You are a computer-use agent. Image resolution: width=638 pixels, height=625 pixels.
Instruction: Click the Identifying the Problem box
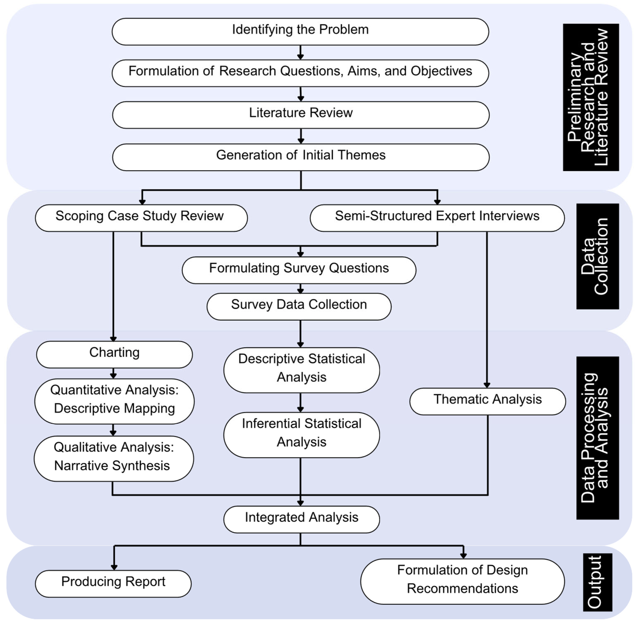[x=300, y=32]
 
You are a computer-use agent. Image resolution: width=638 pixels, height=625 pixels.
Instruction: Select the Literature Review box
[x=300, y=115]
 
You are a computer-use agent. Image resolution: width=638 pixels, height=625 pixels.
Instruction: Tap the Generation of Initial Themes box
[x=300, y=157]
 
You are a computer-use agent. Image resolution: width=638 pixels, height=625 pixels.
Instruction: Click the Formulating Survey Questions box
[x=299, y=270]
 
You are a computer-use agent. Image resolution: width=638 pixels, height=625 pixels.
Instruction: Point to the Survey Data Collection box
[x=299, y=306]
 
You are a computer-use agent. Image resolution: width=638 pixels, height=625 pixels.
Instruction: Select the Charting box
[x=114, y=354]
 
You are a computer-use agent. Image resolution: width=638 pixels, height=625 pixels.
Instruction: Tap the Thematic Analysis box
[x=488, y=401]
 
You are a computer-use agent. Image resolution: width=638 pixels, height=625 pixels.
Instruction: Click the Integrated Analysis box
[x=301, y=519]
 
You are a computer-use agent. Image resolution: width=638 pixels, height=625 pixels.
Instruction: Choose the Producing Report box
[x=113, y=583]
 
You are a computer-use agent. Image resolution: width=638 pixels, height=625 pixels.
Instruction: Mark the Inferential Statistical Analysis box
[x=301, y=435]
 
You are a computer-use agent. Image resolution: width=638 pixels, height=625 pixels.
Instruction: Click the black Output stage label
[x=597, y=582]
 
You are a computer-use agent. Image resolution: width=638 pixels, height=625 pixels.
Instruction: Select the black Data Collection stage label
[x=597, y=256]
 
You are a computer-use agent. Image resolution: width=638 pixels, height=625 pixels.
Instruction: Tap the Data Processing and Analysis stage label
[x=597, y=438]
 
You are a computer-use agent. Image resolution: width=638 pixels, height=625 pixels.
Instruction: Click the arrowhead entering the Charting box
[x=113, y=339]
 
